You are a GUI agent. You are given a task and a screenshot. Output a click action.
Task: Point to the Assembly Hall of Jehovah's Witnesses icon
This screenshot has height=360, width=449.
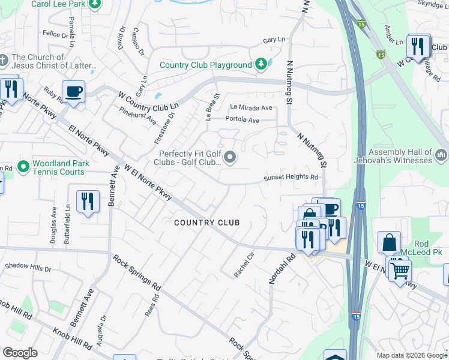tap(441, 156)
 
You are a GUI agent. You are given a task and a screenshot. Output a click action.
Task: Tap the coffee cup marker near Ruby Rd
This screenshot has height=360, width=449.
tap(73, 92)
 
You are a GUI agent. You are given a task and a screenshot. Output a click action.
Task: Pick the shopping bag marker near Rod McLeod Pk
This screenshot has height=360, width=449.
tap(389, 242)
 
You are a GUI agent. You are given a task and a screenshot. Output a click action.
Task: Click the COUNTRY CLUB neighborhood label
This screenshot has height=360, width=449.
tap(206, 223)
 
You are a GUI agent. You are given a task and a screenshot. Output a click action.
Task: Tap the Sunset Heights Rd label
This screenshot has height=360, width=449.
tap(291, 178)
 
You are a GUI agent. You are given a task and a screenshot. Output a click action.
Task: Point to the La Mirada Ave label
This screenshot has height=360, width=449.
tap(251, 107)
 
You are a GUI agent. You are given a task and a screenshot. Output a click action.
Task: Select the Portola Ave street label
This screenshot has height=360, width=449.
tap(242, 120)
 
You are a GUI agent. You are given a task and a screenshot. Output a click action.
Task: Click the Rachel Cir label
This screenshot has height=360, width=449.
tap(244, 265)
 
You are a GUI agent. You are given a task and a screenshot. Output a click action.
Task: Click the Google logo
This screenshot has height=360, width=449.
tap(20, 353)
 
